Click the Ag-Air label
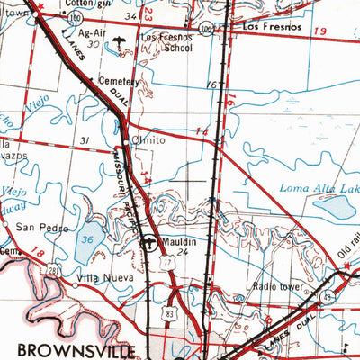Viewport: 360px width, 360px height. [93, 31]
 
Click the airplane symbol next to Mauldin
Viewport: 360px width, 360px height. [150, 242]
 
